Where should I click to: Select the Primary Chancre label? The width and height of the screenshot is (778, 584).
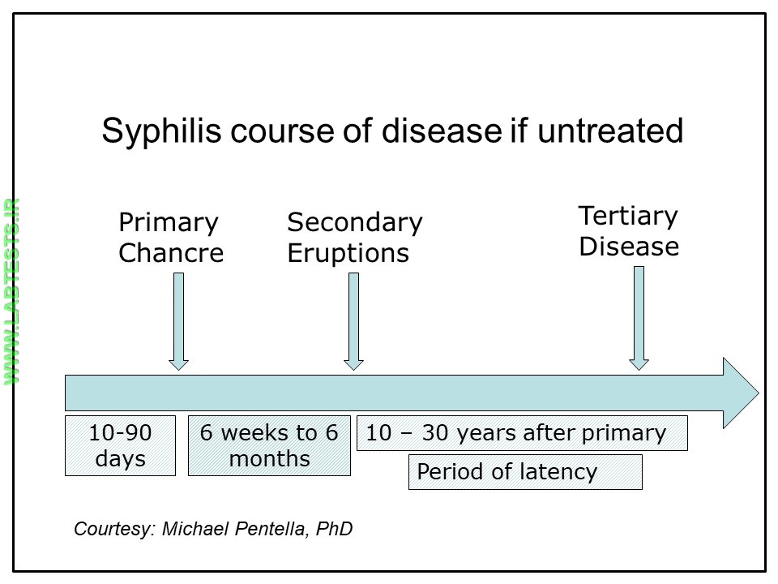(171, 238)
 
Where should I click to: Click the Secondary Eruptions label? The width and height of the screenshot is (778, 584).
(354, 238)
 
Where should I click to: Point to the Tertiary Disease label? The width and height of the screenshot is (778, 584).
(628, 231)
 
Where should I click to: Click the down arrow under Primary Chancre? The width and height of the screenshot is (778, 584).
(179, 321)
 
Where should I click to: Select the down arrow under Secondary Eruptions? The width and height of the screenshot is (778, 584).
(353, 321)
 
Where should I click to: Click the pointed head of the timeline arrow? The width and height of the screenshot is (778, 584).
(740, 393)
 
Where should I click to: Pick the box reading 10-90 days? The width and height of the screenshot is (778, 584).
(120, 445)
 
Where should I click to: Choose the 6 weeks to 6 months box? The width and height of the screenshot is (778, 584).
(269, 445)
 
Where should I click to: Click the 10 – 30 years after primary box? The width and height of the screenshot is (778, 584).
(522, 433)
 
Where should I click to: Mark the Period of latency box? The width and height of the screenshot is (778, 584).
(525, 472)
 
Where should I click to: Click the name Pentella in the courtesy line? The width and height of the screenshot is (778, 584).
(280, 530)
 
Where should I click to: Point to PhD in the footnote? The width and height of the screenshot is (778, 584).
(336, 530)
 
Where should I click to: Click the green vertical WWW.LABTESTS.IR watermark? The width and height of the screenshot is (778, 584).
(13, 292)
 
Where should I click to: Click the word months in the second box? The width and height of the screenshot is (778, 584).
(269, 459)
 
